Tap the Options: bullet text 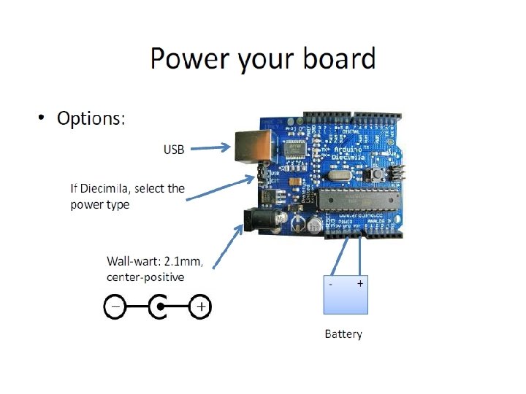(91, 118)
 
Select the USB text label (174, 150)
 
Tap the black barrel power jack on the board (256, 220)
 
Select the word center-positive (145, 277)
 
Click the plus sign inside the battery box (360, 282)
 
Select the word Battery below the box (343, 334)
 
